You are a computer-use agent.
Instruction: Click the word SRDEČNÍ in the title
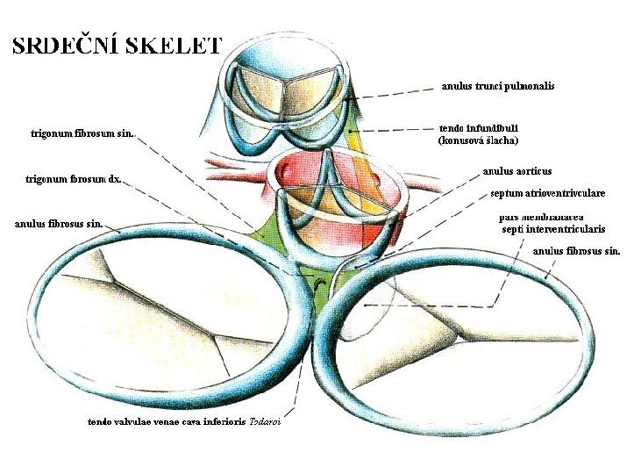(x=68, y=45)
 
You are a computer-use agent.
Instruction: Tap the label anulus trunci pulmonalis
(x=497, y=86)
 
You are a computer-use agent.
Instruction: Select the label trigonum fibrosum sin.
(x=82, y=134)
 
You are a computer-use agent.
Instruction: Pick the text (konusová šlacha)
(x=478, y=140)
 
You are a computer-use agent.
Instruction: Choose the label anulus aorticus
(x=517, y=171)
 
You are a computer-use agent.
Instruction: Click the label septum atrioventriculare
(x=548, y=192)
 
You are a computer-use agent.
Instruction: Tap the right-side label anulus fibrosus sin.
(x=577, y=251)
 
